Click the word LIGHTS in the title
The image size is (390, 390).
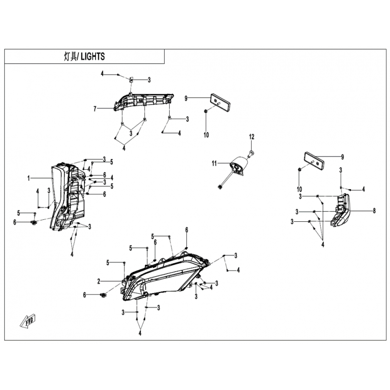pyautogui.click(x=93, y=57)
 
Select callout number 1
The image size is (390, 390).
pyautogui.click(x=29, y=178)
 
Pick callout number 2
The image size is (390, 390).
pyautogui.click(x=99, y=281)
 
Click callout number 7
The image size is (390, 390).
pyautogui.click(x=95, y=109)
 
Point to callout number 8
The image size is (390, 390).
pyautogui.click(x=374, y=211)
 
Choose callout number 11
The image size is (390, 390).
pyautogui.click(x=214, y=164)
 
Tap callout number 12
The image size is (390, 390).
pyautogui.click(x=252, y=136)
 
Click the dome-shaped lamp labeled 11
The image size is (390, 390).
pyautogui.click(x=239, y=165)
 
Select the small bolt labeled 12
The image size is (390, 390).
pyautogui.click(x=251, y=153)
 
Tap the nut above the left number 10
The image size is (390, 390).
pyautogui.click(x=206, y=111)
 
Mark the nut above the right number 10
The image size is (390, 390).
pyautogui.click(x=300, y=170)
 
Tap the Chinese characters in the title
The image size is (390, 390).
pyautogui.click(x=70, y=57)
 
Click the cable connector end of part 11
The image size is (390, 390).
pyautogui.click(x=220, y=187)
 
